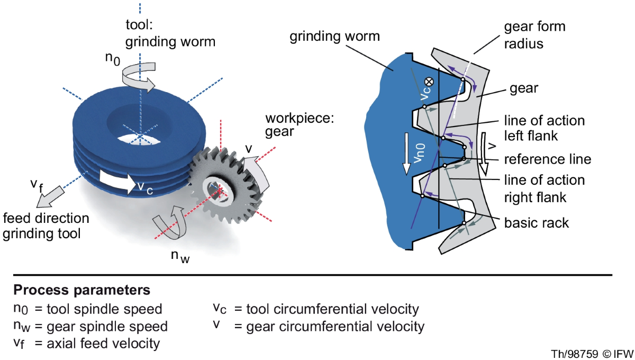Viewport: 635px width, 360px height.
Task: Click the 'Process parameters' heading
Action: click(82, 291)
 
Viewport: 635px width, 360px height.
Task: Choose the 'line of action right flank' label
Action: click(544, 188)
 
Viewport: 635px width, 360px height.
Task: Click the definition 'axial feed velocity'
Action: click(101, 343)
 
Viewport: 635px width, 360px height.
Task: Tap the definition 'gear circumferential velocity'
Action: click(335, 326)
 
